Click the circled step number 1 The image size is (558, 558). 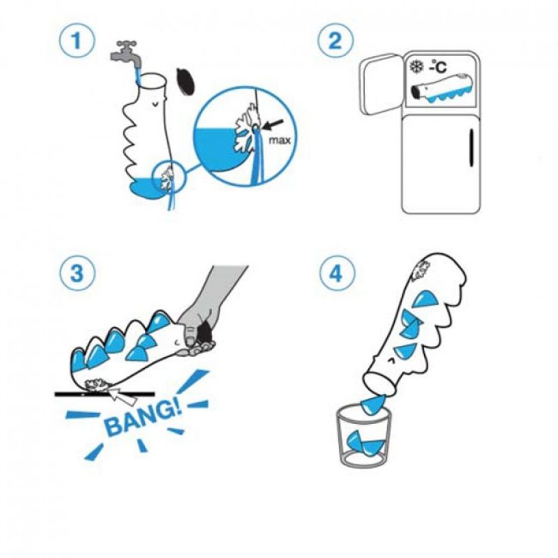(77, 40)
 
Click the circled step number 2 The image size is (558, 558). (335, 40)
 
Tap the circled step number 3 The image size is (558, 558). (77, 273)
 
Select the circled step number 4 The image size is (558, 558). (337, 273)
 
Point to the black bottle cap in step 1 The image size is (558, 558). (186, 82)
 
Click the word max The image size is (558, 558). (280, 140)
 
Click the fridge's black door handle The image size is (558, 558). (472, 148)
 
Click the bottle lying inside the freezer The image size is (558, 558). (442, 89)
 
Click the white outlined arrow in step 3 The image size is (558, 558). (123, 397)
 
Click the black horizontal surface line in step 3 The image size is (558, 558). (105, 394)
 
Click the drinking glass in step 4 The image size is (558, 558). (363, 437)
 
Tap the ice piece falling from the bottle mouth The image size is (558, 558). (373, 407)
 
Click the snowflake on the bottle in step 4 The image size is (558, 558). (421, 269)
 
